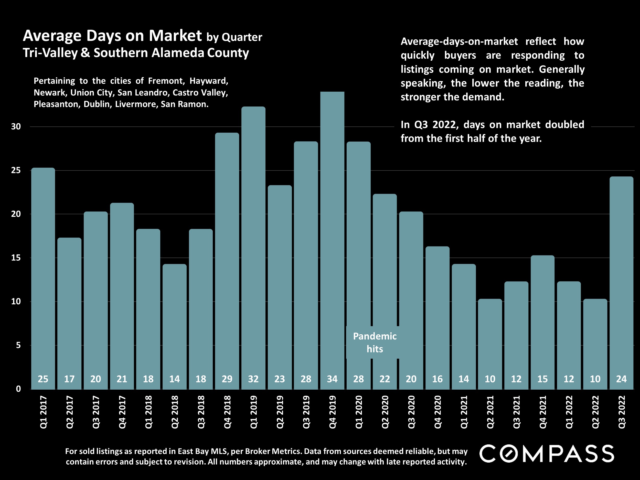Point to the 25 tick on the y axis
tap(16, 170)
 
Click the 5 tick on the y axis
tap(18, 345)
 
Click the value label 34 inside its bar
tap(332, 379)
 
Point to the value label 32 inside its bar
tap(253, 379)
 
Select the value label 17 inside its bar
tap(69, 379)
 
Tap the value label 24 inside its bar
tap(621, 379)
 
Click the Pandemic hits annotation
tap(375, 343)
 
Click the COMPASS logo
tap(547, 453)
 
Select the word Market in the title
tap(175, 36)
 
